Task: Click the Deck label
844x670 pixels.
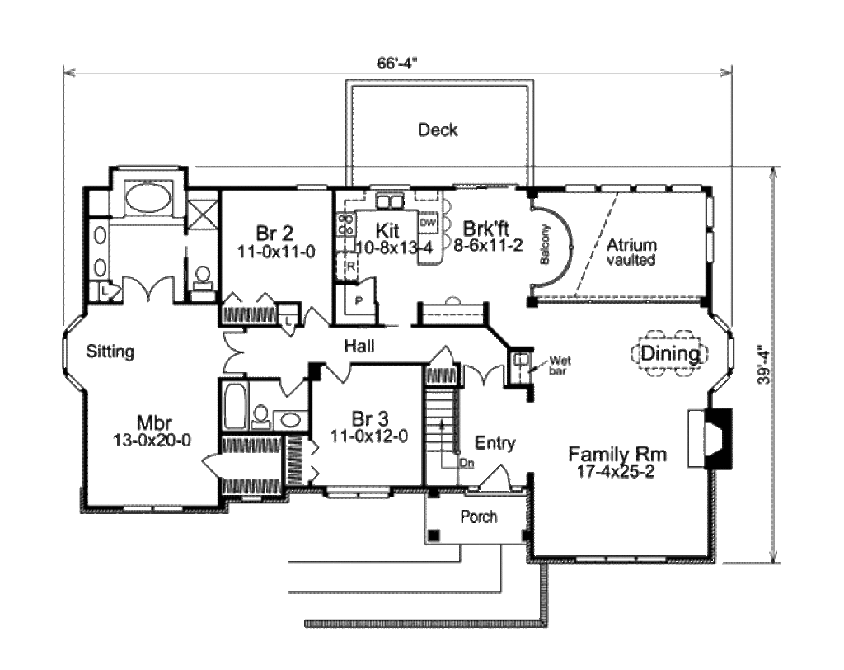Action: pyautogui.click(x=438, y=130)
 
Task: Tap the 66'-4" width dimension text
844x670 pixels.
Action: pyautogui.click(x=398, y=63)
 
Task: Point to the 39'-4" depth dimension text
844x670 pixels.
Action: pyautogui.click(x=764, y=365)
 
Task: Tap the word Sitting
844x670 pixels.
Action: pyautogui.click(x=110, y=352)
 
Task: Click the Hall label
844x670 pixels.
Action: pyautogui.click(x=359, y=346)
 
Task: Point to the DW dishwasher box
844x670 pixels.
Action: pyautogui.click(x=428, y=223)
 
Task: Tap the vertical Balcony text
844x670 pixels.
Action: pyautogui.click(x=545, y=244)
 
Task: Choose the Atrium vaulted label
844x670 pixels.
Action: pyautogui.click(x=631, y=252)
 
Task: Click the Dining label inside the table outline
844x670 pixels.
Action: pyautogui.click(x=670, y=354)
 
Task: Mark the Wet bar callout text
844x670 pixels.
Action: pyautogui.click(x=560, y=366)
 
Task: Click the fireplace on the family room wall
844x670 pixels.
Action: pyautogui.click(x=710, y=437)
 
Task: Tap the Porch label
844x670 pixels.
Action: pyautogui.click(x=479, y=517)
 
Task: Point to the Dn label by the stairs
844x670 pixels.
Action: pyautogui.click(x=467, y=463)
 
